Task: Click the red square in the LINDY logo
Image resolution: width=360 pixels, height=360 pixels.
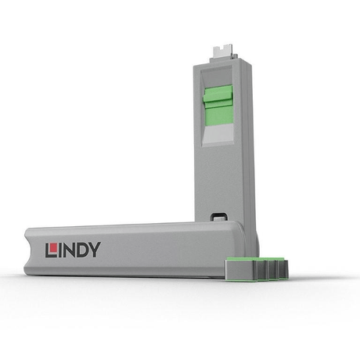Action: coord(54,247)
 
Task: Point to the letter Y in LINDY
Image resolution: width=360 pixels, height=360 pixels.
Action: coord(95,250)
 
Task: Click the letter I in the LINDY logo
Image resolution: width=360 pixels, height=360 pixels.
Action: coord(59,250)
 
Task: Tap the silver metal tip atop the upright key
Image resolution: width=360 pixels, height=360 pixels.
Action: coord(224,54)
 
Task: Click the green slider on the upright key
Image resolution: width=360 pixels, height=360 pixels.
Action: coord(218,105)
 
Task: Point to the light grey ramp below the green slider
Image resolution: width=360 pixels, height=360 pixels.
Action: coord(218,135)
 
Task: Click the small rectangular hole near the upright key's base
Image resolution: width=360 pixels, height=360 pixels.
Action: coord(218,217)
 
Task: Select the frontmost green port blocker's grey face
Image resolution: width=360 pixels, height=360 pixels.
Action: coord(241,270)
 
